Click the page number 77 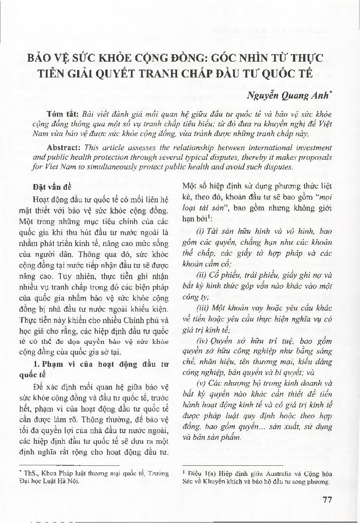pos(327,499)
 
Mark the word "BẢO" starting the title pos(41,58)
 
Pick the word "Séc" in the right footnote pos(188,482)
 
